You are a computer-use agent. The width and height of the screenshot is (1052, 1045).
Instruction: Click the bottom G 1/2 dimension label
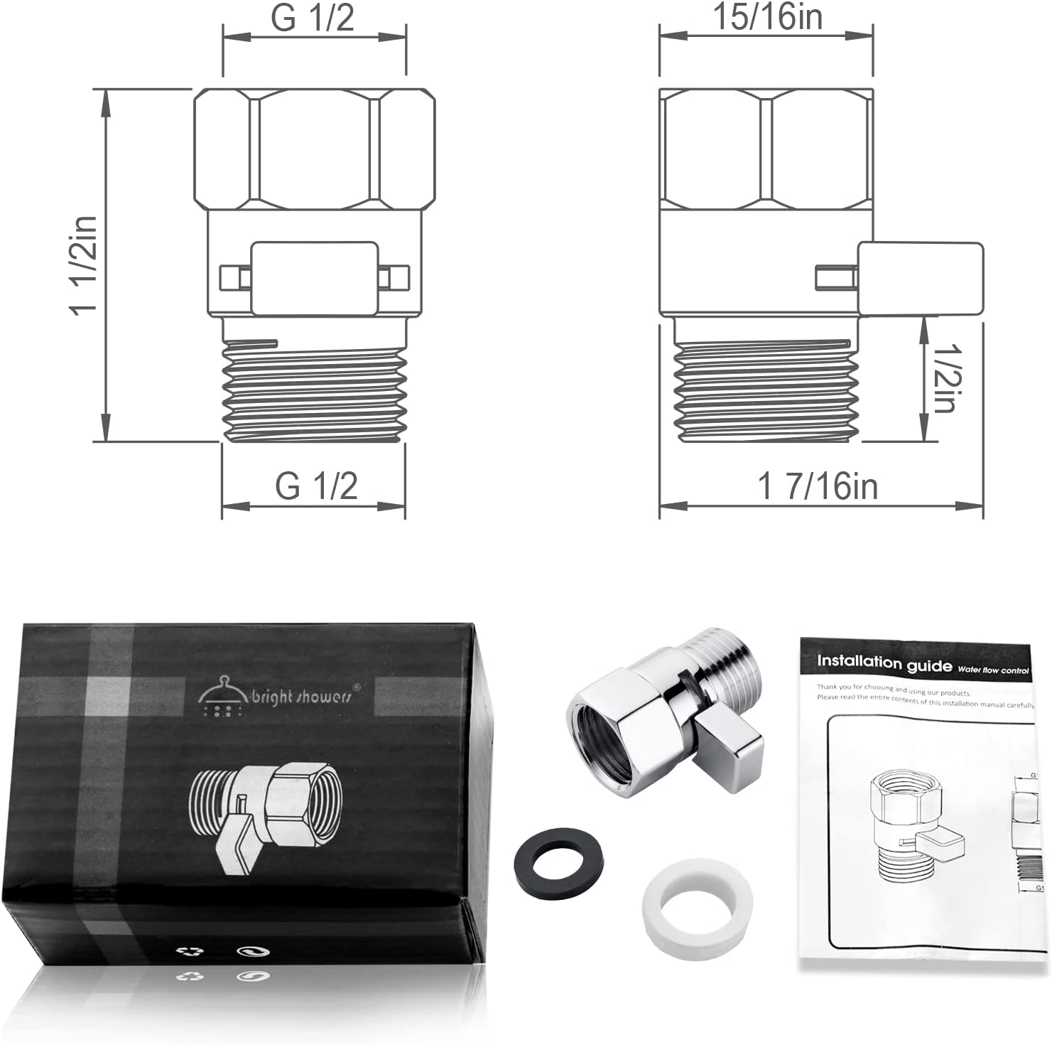click(x=316, y=486)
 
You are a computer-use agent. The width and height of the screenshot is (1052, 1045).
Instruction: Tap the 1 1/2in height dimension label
click(x=83, y=264)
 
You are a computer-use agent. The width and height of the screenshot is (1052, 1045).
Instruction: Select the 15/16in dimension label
click(x=767, y=17)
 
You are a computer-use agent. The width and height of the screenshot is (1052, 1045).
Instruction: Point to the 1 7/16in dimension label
click(x=818, y=487)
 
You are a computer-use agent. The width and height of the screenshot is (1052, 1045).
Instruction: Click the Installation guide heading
click(x=884, y=663)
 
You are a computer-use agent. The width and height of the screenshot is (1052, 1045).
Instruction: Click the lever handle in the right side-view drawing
click(x=920, y=279)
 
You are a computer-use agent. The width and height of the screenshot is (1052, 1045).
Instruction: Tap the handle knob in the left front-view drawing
click(x=314, y=278)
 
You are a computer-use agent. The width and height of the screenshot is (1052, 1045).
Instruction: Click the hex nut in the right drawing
click(x=765, y=149)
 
